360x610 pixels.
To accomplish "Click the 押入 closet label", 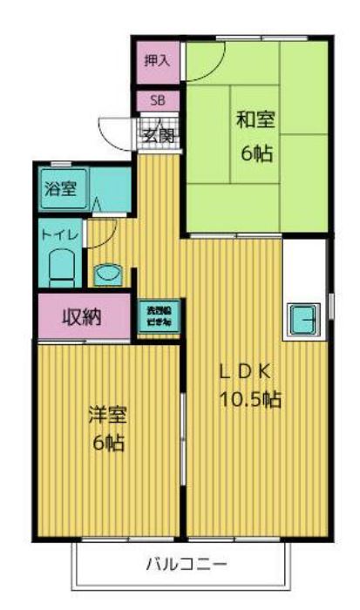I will [x=158, y=61].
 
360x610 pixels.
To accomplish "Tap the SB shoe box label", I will [x=158, y=100].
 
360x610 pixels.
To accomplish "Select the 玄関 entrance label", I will [x=159, y=135].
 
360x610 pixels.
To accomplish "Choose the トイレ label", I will [x=59, y=234].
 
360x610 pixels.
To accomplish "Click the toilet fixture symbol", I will [x=62, y=266].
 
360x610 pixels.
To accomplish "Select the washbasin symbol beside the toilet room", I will [x=109, y=274].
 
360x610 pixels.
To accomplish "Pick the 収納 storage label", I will [x=82, y=315].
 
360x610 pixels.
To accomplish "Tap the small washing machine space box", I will [x=158, y=316].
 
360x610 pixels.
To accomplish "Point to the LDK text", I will [x=247, y=371].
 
